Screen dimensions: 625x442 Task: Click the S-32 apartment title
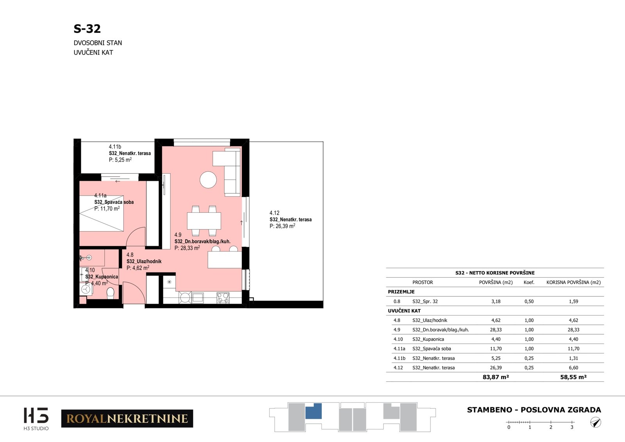coord(87,29)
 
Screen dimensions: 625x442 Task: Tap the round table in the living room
coord(208,180)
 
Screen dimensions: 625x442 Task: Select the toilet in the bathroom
coord(111,293)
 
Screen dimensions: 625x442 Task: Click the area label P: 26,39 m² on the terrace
coord(282,226)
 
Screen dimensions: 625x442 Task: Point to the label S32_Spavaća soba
coord(114,202)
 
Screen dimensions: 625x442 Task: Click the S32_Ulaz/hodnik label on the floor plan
coord(144,262)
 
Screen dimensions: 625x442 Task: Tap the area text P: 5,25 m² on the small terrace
coord(120,160)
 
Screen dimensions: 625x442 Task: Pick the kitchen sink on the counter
coord(197,298)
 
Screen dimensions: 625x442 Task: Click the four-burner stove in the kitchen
coord(223,298)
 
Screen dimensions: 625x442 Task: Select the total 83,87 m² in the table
coord(496,377)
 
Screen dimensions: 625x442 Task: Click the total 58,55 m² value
coord(573,377)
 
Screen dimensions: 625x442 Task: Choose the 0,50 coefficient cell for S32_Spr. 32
coord(529,301)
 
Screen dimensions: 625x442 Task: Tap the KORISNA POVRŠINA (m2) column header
coord(573,282)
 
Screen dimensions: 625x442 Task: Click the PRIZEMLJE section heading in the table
coord(401,292)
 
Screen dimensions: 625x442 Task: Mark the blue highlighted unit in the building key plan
coord(314,411)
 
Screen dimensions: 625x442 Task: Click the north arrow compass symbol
coord(596,422)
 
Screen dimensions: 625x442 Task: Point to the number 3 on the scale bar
coord(572,427)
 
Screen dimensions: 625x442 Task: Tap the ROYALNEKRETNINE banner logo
coord(127,419)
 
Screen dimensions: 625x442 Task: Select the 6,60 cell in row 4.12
coord(573,368)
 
